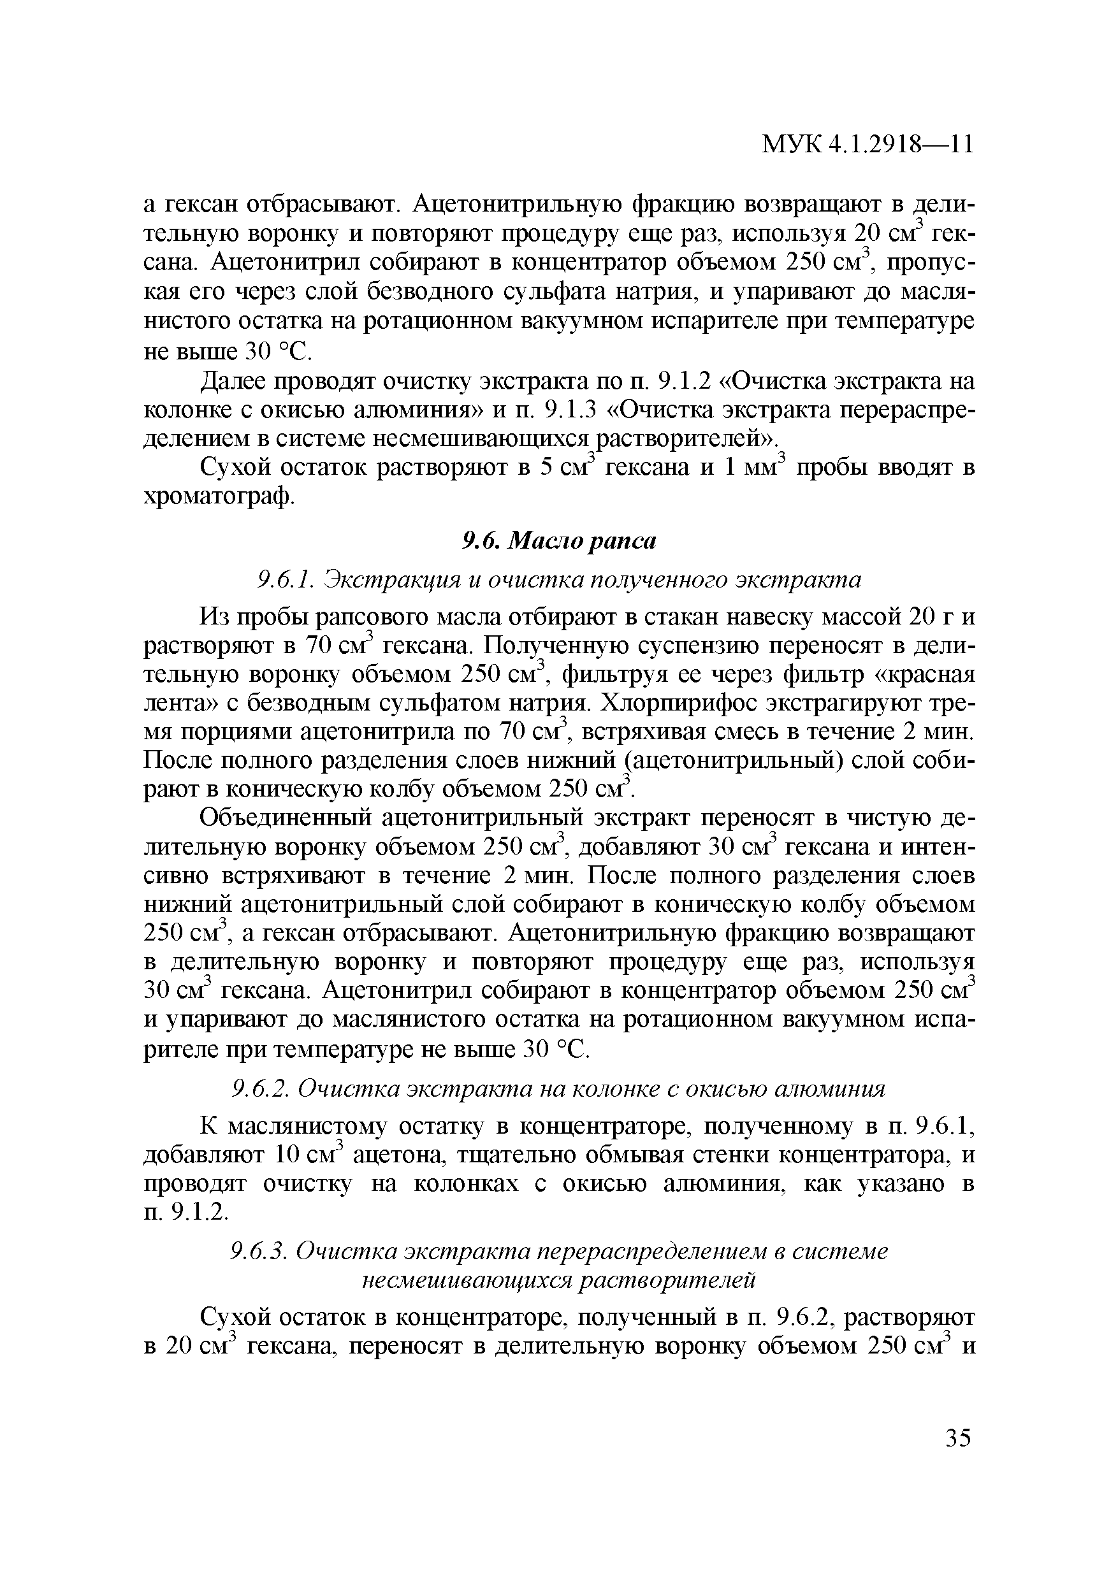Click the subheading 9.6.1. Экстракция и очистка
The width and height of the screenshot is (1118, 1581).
pos(558,580)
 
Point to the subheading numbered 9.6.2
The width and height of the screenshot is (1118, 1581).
pos(257,1108)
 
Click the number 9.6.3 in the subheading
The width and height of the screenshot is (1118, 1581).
pos(256,1251)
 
